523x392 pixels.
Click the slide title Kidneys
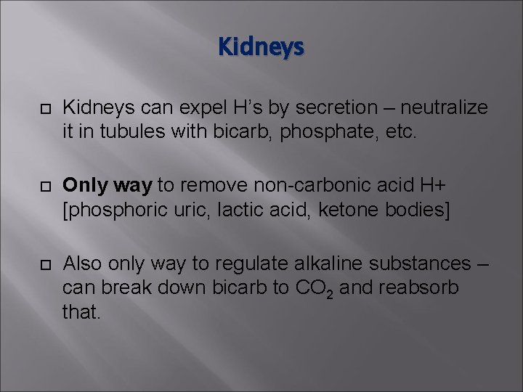point(261,48)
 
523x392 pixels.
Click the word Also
point(82,262)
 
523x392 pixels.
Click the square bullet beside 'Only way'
point(43,187)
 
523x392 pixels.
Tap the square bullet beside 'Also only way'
point(43,263)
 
